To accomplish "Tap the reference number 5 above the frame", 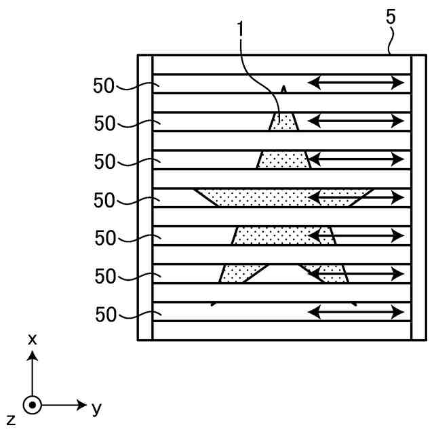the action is click(x=391, y=18).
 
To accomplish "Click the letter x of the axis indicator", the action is click(x=32, y=339).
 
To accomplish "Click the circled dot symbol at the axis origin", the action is click(x=32, y=406).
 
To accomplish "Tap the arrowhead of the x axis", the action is click(x=32, y=355).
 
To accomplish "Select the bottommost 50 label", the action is click(x=105, y=315).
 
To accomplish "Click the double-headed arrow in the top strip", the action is click(x=356, y=83).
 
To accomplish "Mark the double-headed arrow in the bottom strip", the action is click(x=356, y=312).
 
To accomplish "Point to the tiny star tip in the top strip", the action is click(x=283, y=89).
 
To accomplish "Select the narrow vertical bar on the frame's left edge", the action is click(x=145, y=197).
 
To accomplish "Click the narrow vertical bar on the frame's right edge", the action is click(x=418, y=197).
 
